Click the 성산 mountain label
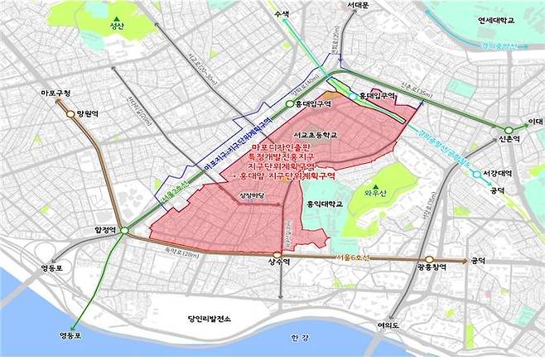click(x=115, y=26)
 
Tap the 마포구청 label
click(x=55, y=92)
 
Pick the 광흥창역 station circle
click(x=431, y=259)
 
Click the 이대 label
click(x=538, y=122)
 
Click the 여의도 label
click(x=387, y=325)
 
